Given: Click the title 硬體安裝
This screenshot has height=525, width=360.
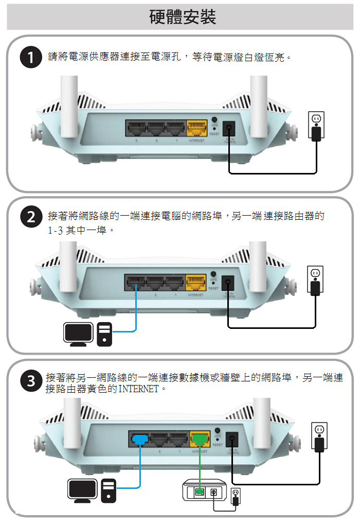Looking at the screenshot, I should (x=183, y=17).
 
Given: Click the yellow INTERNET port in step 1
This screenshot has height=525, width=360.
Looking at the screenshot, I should (x=196, y=128).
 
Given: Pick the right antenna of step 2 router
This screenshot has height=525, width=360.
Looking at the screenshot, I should (x=258, y=262).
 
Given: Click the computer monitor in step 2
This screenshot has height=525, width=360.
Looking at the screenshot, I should (x=78, y=334).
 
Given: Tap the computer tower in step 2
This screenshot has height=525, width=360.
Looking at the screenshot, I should (x=104, y=334).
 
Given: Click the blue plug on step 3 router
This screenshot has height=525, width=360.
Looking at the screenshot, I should (x=139, y=439).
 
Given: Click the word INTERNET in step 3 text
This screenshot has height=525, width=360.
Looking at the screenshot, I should (x=139, y=389).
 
